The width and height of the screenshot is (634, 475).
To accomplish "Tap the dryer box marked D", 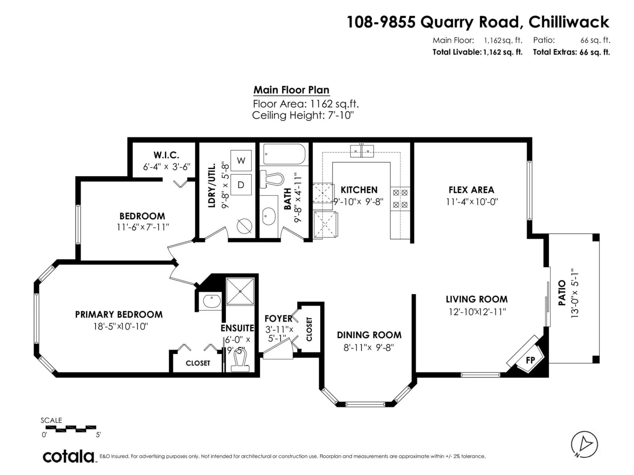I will point(241,185).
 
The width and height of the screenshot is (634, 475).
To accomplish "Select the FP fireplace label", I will point(530,360).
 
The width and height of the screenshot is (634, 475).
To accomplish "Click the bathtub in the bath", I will point(284,154).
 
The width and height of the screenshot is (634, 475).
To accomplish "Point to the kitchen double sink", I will point(362,151).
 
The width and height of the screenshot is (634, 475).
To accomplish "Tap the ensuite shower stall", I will point(240,291).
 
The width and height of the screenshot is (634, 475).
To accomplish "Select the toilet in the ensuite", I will point(240,360).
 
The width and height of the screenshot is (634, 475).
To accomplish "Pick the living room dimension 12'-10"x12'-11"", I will point(477,312).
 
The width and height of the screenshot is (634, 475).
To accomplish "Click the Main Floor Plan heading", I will point(291,90).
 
